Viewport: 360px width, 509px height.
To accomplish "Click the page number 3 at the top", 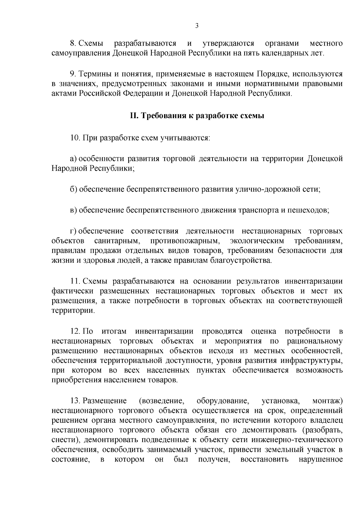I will tap(197, 26).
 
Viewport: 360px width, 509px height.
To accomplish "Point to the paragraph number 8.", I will tap(72, 43).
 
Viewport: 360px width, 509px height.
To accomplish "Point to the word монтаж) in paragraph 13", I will tap(327, 401).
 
